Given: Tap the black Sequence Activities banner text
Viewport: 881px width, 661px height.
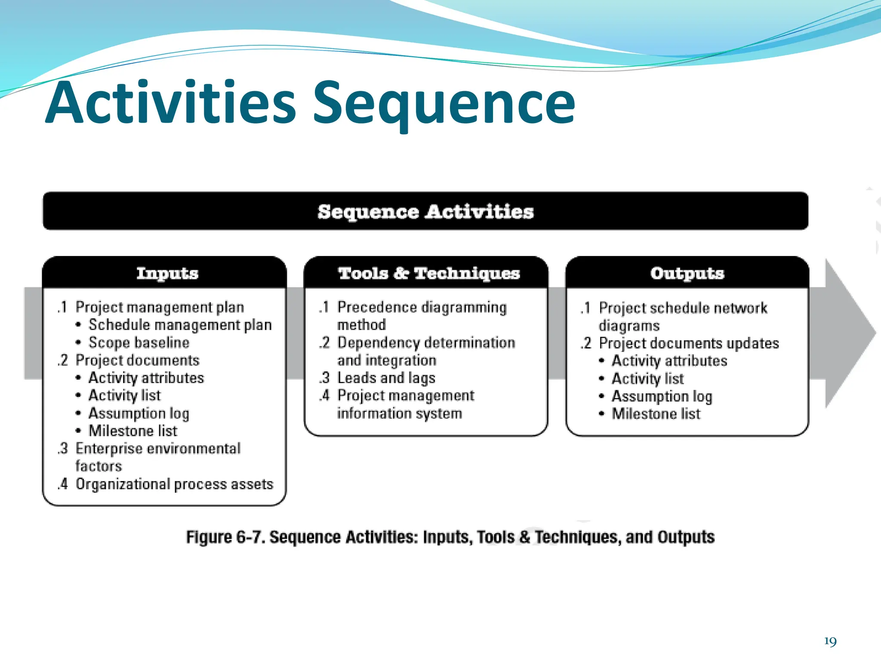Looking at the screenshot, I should click(425, 212).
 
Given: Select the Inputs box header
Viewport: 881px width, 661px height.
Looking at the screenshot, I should click(167, 273).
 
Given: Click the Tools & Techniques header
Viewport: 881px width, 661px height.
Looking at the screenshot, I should click(428, 273).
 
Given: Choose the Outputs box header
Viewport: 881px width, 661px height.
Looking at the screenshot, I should click(687, 273).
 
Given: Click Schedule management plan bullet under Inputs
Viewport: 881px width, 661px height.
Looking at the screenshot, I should click(180, 325).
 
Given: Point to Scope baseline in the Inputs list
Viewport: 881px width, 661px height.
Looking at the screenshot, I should click(139, 343).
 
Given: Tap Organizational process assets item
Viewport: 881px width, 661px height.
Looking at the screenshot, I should click(174, 484).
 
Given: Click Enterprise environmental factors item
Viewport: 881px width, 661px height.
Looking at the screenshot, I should click(157, 449).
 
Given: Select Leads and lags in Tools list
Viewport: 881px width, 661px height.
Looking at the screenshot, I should click(386, 378).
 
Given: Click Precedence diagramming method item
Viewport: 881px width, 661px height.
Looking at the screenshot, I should click(422, 307).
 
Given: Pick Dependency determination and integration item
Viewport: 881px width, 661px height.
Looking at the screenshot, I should click(426, 343).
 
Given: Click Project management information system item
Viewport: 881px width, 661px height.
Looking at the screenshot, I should click(405, 395).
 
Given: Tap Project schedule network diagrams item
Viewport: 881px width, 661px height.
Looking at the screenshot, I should click(683, 308).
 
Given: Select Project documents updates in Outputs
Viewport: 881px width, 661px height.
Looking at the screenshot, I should click(689, 343).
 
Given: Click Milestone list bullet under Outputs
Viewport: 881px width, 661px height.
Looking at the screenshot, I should click(656, 414).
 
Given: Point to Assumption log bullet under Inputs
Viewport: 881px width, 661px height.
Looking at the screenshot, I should click(139, 413).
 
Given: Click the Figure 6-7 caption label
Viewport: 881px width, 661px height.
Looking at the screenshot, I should click(450, 537).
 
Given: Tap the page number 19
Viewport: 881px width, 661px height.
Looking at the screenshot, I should click(830, 642).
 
